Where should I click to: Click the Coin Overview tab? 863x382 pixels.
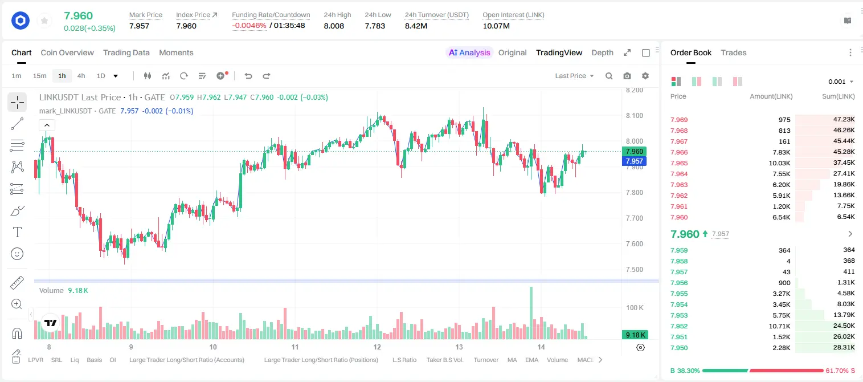click(67, 52)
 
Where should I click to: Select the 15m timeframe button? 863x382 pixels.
click(40, 76)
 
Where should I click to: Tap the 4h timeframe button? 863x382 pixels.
click(81, 76)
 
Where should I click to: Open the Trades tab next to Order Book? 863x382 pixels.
click(734, 52)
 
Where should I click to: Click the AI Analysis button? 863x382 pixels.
click(469, 52)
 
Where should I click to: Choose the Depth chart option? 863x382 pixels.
click(602, 52)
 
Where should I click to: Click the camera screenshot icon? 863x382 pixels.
click(627, 76)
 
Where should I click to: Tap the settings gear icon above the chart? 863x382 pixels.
click(645, 76)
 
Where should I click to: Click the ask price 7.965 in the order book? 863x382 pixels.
click(679, 163)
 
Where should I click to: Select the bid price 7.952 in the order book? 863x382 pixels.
click(679, 326)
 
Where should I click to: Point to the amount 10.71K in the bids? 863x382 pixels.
click(779, 326)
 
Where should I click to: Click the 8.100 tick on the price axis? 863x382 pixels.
click(635, 116)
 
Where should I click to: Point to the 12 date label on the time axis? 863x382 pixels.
click(377, 347)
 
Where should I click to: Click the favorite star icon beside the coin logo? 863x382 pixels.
click(44, 21)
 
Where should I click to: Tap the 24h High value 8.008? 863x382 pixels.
click(334, 26)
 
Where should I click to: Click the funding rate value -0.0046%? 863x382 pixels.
click(249, 26)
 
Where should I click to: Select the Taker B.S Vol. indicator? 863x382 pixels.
click(444, 360)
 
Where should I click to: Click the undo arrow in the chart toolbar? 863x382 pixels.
click(248, 76)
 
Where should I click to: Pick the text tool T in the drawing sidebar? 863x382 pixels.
click(17, 232)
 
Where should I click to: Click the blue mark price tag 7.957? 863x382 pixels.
click(634, 161)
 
